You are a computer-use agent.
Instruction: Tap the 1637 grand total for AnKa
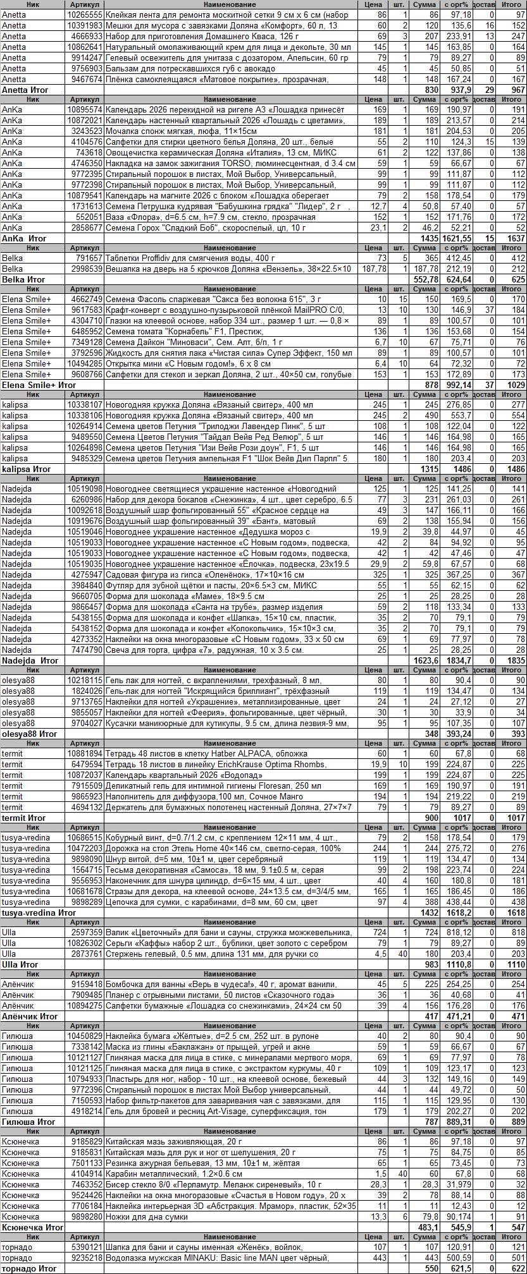click(516, 238)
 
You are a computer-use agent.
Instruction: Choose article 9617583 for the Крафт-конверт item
click(87, 310)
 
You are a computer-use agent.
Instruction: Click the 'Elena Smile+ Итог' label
click(39, 385)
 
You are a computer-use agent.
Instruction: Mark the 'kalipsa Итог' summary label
click(26, 469)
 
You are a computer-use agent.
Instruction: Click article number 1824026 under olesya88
click(87, 691)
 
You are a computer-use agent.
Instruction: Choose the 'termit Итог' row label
click(24, 818)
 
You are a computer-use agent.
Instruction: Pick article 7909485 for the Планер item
click(87, 995)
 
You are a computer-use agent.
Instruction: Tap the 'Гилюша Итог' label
click(28, 1122)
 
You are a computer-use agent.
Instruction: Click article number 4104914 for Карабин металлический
click(87, 1174)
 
